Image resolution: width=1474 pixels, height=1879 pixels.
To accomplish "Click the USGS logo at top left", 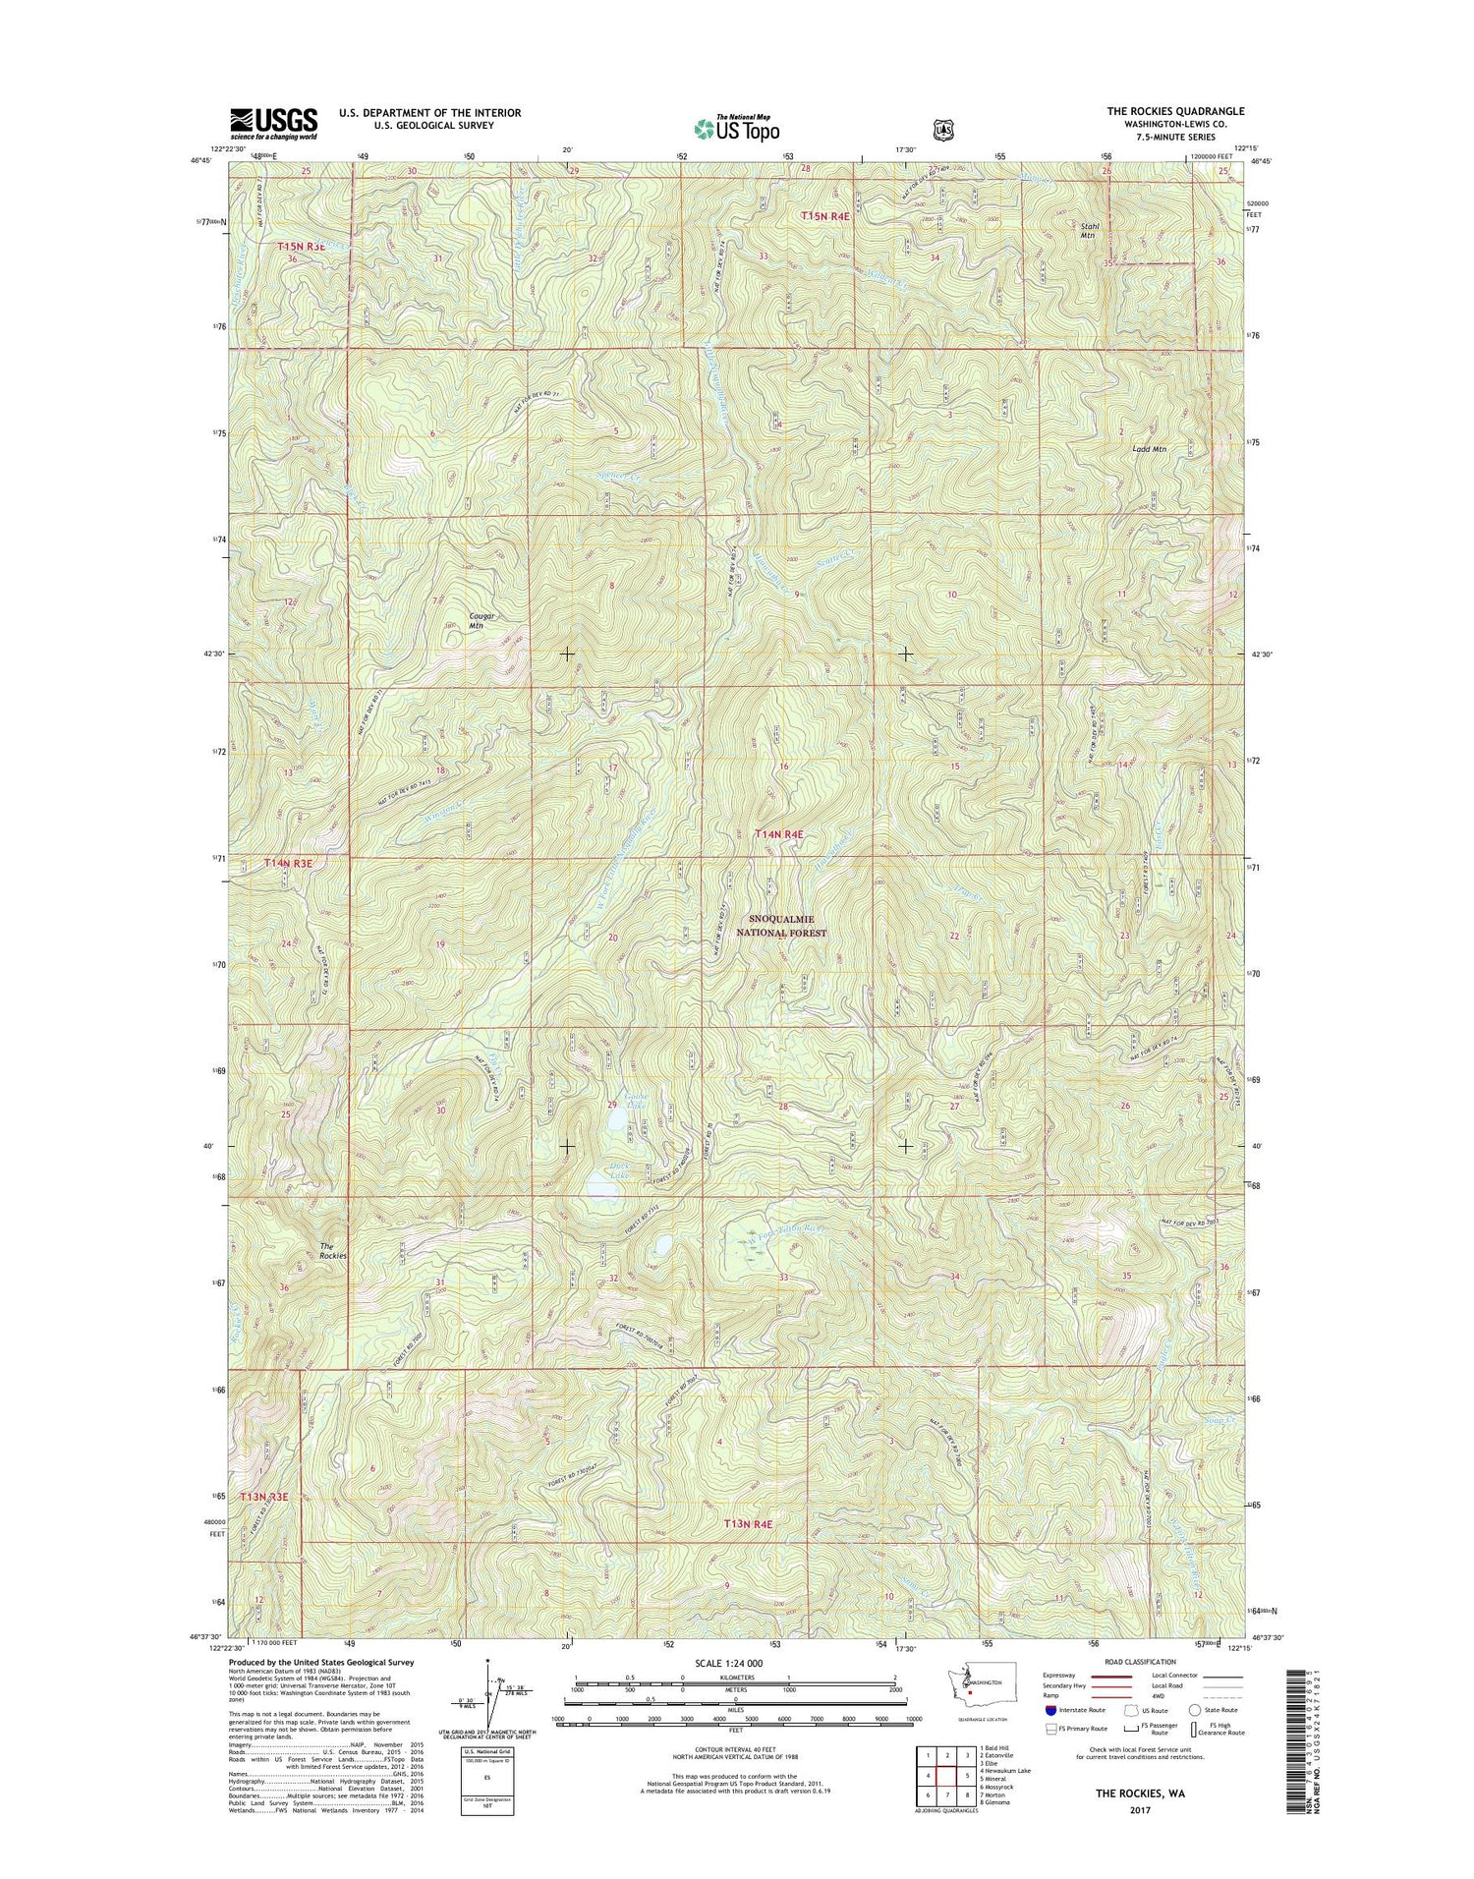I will [x=273, y=124].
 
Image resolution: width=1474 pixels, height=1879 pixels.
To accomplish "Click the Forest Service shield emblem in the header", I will [x=942, y=128].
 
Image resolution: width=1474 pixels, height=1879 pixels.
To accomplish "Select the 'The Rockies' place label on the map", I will [x=333, y=1251].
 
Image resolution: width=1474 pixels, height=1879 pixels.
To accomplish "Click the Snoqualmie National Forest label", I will [x=788, y=925].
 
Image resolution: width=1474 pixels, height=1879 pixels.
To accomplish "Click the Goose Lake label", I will [x=636, y=1102].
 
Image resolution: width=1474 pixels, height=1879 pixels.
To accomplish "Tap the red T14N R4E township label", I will [x=779, y=833].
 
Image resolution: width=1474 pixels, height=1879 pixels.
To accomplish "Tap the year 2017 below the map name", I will [x=1140, y=1809].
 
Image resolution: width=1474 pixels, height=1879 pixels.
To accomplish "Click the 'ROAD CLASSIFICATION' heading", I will [x=1140, y=1663].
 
